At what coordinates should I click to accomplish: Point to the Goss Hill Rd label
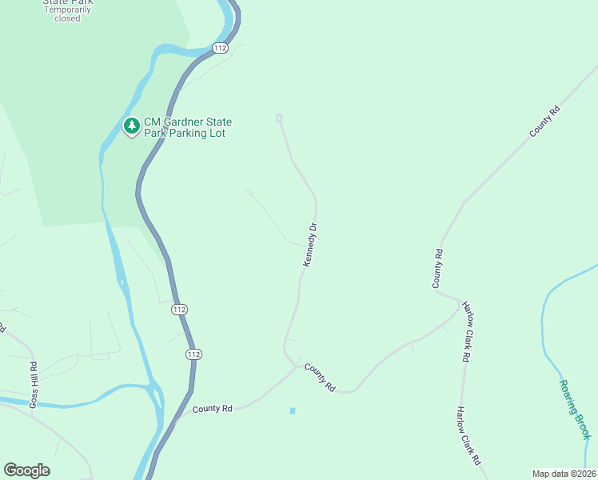click(34, 385)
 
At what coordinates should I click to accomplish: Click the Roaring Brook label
click(575, 408)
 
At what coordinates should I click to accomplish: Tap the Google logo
click(26, 470)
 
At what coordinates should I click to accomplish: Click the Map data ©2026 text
click(564, 473)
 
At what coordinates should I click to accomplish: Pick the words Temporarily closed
click(67, 14)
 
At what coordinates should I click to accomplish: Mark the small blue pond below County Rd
click(293, 411)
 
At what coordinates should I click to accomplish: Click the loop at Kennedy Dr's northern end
click(279, 118)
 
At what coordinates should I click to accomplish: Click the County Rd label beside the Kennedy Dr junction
click(320, 377)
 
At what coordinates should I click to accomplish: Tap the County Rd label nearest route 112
click(212, 409)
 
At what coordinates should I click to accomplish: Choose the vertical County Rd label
click(438, 269)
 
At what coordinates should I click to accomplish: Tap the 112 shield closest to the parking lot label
click(221, 49)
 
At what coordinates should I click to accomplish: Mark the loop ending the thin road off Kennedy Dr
click(249, 192)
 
